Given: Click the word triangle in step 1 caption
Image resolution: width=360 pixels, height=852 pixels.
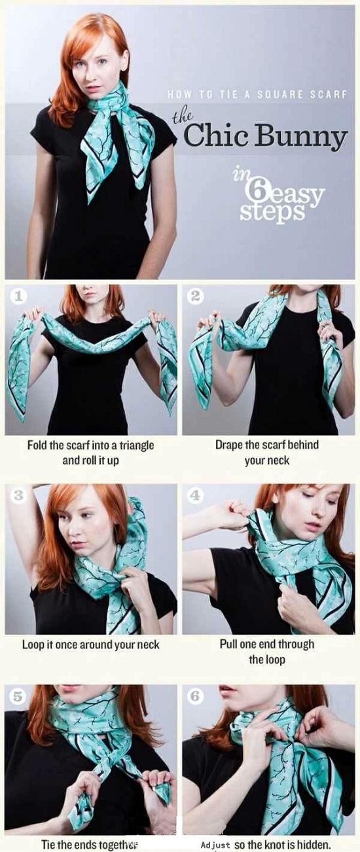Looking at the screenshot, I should tap(134, 445).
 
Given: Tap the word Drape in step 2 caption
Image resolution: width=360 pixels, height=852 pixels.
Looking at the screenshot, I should tap(230, 445).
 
